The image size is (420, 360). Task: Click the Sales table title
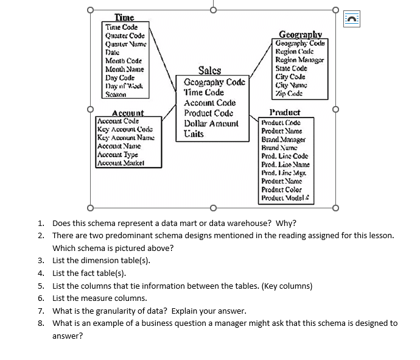(209, 71)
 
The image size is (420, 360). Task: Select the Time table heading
(124, 18)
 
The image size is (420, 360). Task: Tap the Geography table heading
(300, 35)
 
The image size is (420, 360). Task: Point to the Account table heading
(128, 113)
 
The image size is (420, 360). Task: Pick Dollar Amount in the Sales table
(211, 124)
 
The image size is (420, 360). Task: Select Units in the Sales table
(194, 133)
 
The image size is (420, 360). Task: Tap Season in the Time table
(116, 96)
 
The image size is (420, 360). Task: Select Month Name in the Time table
(124, 70)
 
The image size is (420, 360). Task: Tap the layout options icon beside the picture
(352, 19)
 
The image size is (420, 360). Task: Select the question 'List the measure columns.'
(100, 298)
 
